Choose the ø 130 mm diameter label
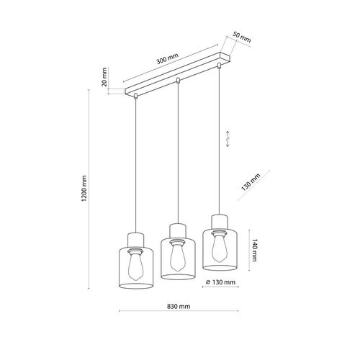click(x=222, y=283)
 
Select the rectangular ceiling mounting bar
click(x=176, y=76)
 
